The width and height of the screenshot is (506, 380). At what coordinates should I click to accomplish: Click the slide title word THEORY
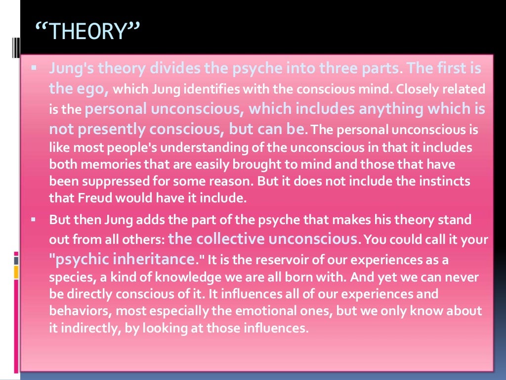pyautogui.click(x=88, y=32)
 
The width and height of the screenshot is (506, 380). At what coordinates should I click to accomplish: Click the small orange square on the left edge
pyautogui.click(x=16, y=272)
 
